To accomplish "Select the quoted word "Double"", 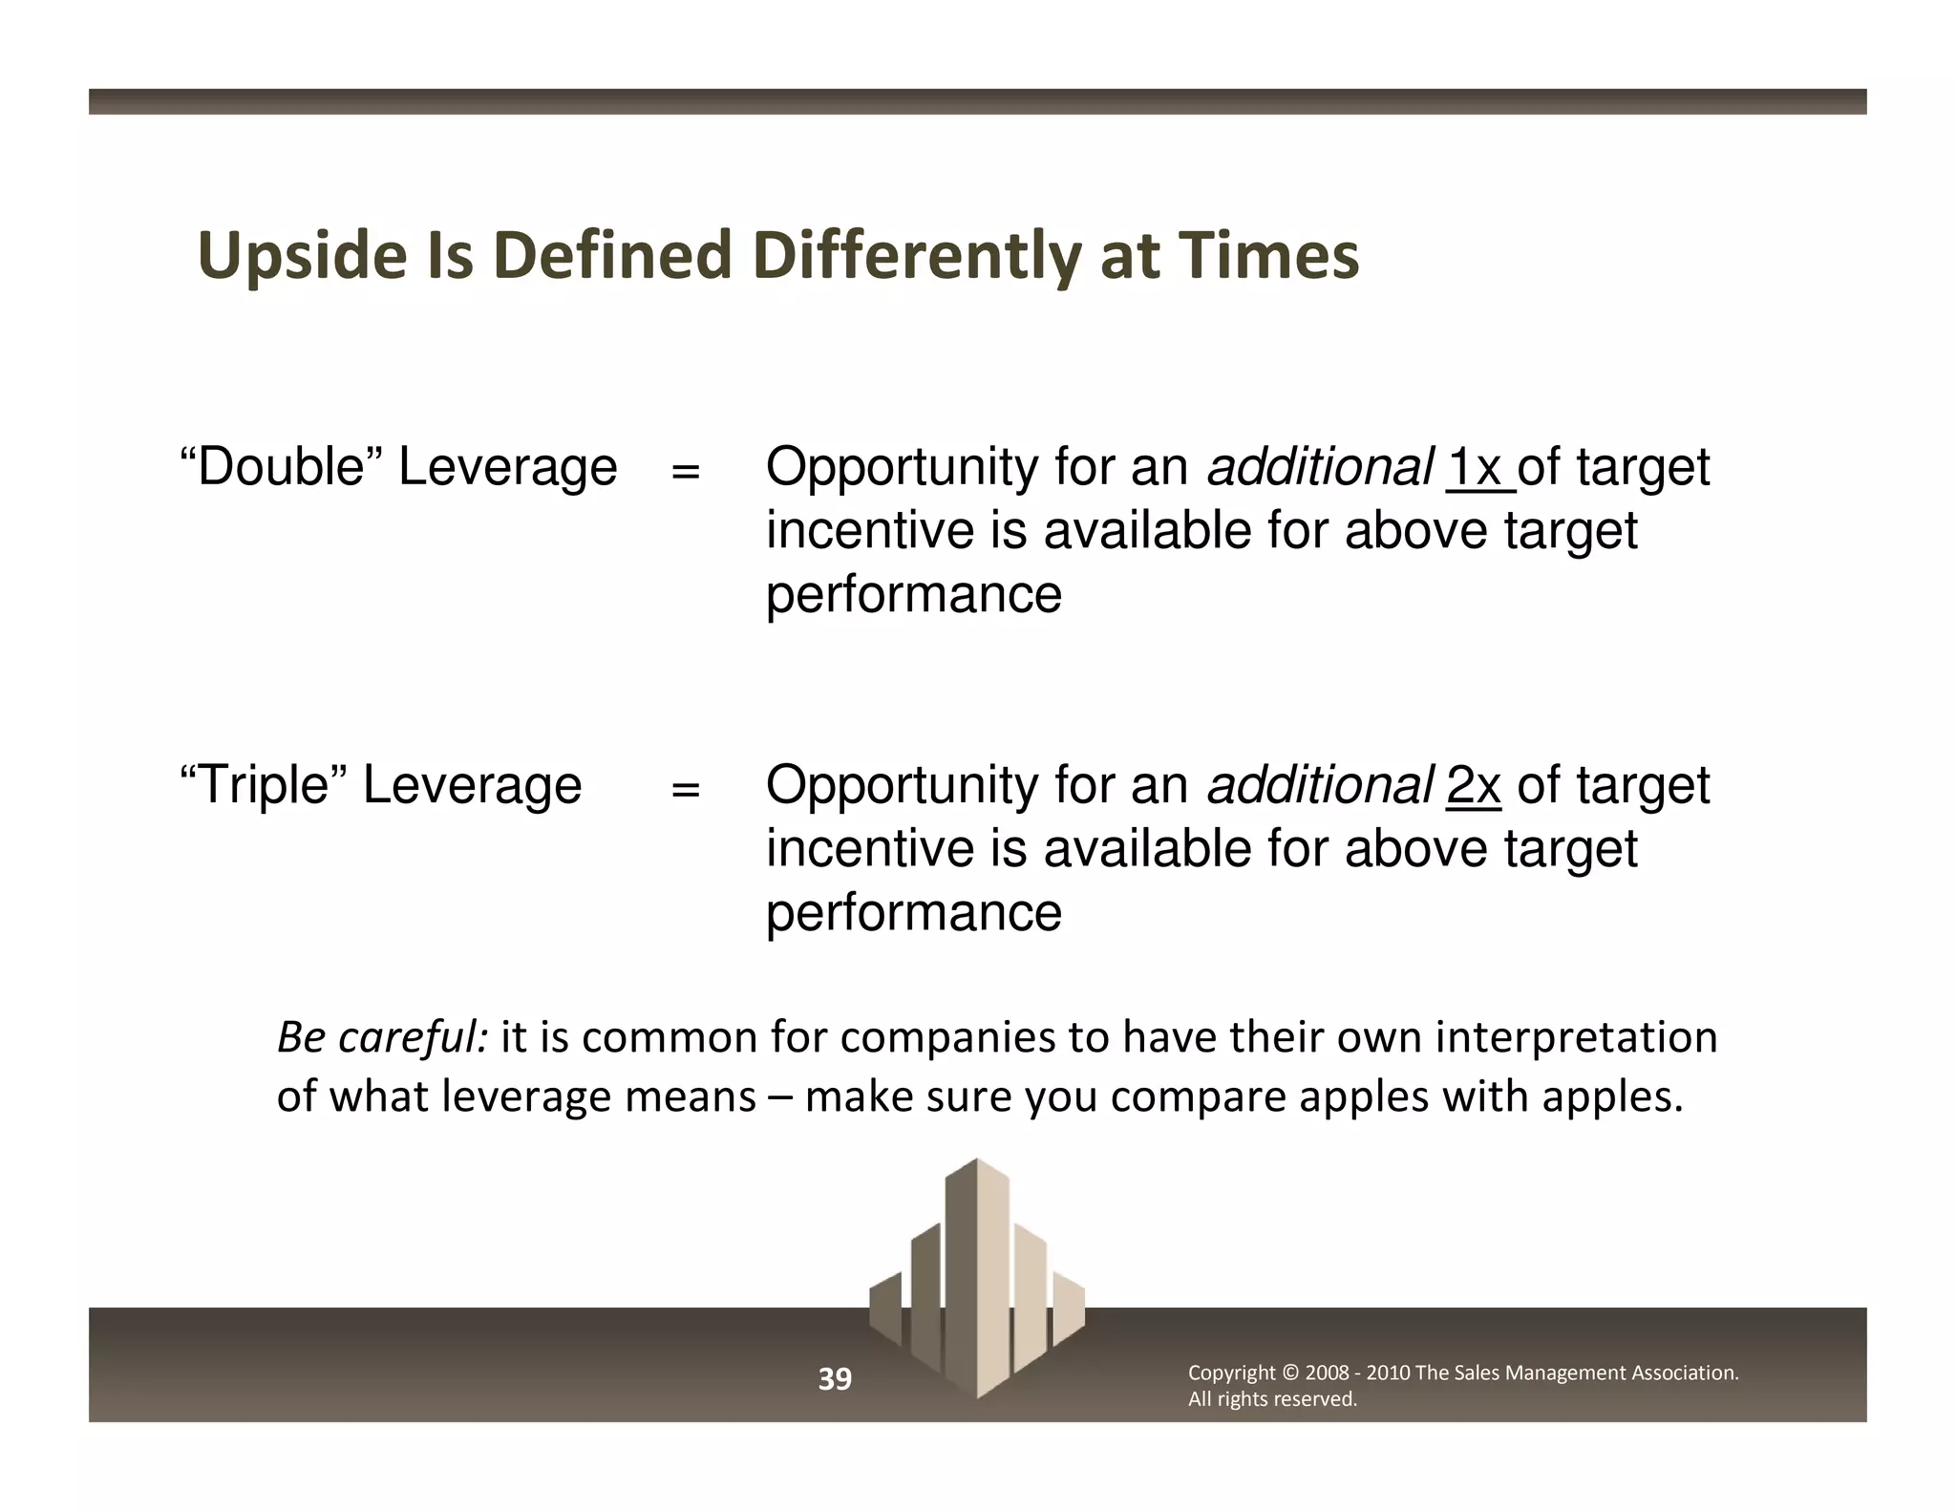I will pyautogui.click(x=282, y=467).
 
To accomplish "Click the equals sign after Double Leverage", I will pyautogui.click(x=685, y=472).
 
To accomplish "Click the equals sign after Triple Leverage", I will pyautogui.click(x=685, y=790).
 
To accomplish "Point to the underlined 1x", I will pyautogui.click(x=1476, y=468).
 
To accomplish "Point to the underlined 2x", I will pyautogui.click(x=1474, y=786).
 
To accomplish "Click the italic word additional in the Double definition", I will pyautogui.click(x=1319, y=467).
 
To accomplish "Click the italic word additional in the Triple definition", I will pyautogui.click(x=1319, y=785).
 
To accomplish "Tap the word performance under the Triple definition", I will pyautogui.click(x=913, y=912).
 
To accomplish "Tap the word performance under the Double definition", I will pyautogui.click(x=913, y=594).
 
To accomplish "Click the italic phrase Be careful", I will pyautogui.click(x=383, y=1037).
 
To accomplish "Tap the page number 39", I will pyautogui.click(x=835, y=1379).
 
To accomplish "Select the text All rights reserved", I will pyautogui.click(x=1271, y=1399).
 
